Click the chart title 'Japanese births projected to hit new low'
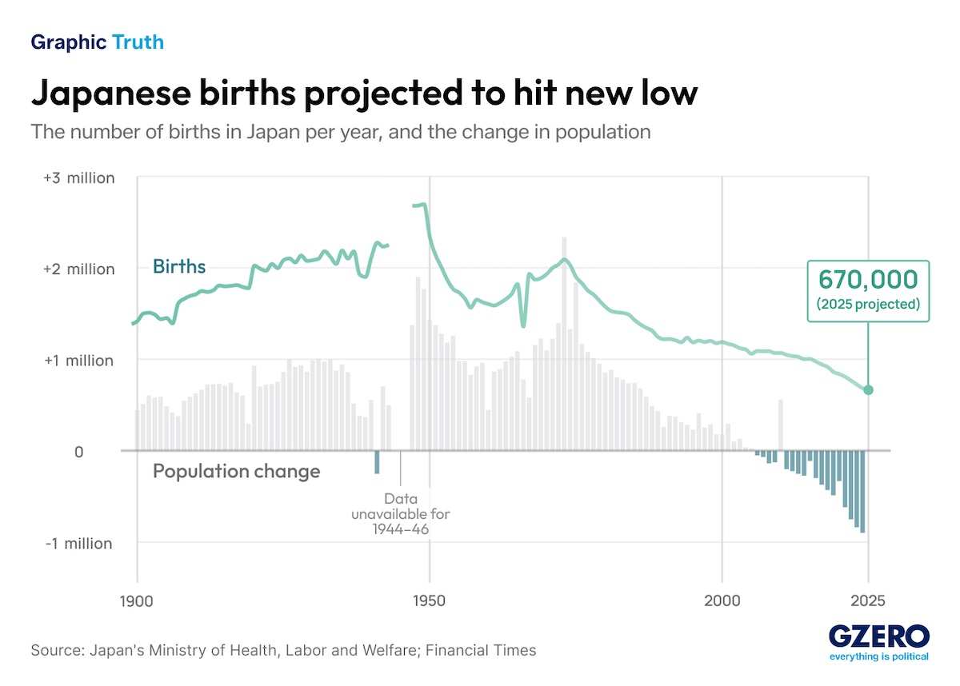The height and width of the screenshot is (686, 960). [x=364, y=94]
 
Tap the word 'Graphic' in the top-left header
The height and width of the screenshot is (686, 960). [x=69, y=42]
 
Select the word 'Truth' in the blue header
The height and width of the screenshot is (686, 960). [x=138, y=42]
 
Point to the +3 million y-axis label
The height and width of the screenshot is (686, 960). [x=79, y=177]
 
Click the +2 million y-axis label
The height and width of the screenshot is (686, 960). [x=79, y=269]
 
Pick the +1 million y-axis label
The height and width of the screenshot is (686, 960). [x=79, y=361]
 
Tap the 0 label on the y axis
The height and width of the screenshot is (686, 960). [x=79, y=452]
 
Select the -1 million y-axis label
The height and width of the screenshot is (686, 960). [x=79, y=544]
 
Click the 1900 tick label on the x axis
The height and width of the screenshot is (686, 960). [x=137, y=600]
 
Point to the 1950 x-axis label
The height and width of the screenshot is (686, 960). [x=430, y=600]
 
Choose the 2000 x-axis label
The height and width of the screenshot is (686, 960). [x=722, y=600]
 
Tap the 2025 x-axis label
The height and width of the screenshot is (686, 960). [x=868, y=600]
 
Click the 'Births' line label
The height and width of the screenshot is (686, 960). [x=179, y=266]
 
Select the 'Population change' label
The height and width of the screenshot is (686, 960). [x=236, y=472]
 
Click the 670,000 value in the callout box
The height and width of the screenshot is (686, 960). [x=868, y=280]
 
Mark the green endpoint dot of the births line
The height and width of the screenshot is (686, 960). [x=869, y=389]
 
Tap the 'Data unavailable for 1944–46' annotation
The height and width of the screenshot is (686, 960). [x=400, y=513]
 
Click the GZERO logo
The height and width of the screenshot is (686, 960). [x=878, y=637]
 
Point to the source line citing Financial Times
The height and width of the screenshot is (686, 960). [x=283, y=650]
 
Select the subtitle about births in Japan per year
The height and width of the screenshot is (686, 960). [x=341, y=132]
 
